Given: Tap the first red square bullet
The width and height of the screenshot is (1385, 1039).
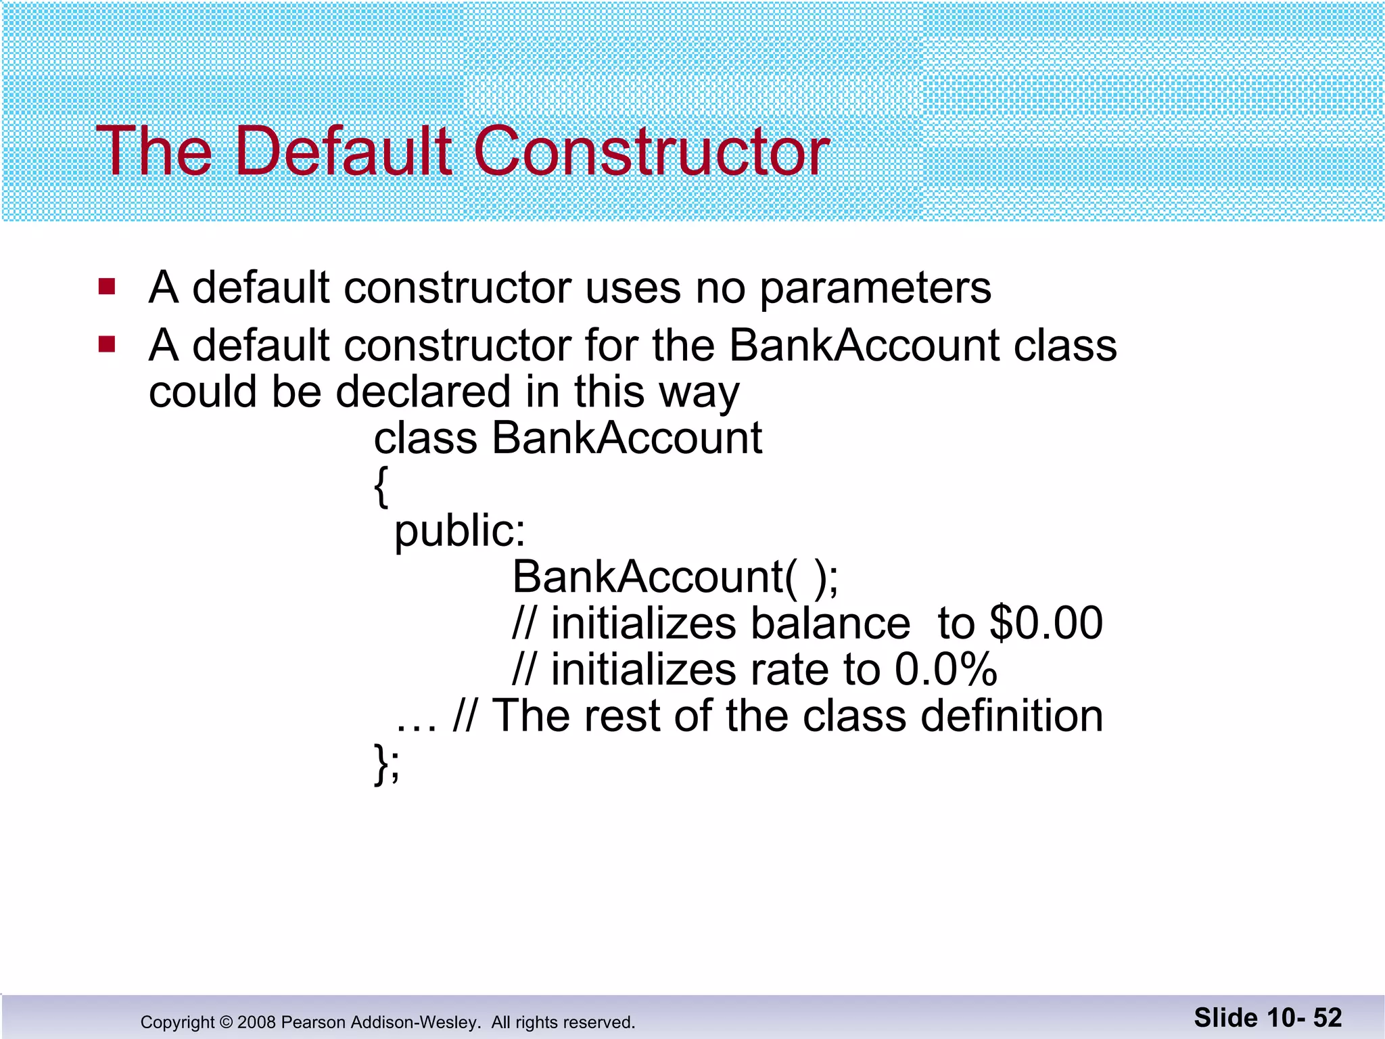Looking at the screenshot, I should pos(107,287).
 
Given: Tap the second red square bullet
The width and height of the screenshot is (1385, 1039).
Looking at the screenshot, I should pos(107,345).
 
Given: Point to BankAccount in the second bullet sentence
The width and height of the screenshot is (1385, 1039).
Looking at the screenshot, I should pos(864,346).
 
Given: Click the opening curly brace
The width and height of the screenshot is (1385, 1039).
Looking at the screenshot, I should pos(381,486).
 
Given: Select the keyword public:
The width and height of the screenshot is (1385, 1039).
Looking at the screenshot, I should pos(460,532).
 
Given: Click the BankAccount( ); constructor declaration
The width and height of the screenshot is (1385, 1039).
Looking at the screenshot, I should pos(675,578).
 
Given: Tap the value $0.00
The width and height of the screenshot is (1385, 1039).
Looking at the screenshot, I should pos(1046,623).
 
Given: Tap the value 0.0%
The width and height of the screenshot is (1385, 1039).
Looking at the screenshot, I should pos(945,670).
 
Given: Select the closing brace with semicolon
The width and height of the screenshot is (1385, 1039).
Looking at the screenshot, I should pos(387,764).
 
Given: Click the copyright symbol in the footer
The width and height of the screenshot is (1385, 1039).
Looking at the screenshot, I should pos(226,1022).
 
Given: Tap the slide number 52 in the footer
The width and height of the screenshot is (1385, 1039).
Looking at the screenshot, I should pos(1327,1018).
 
